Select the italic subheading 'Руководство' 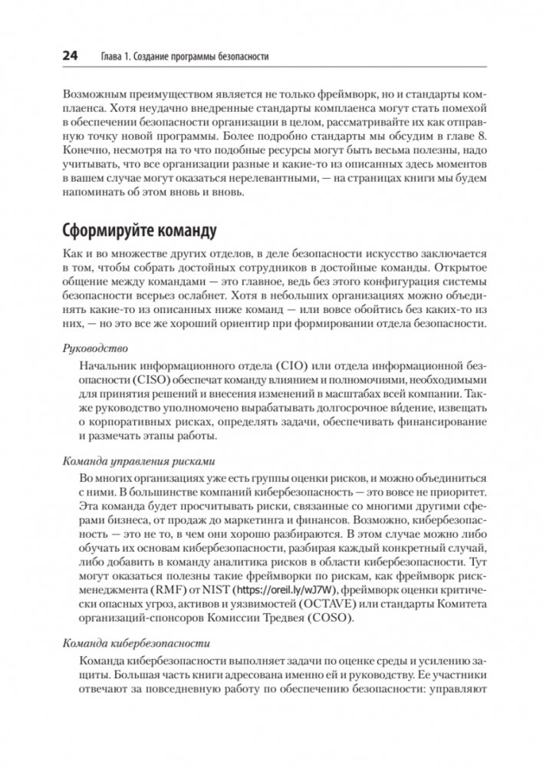[91, 348]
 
